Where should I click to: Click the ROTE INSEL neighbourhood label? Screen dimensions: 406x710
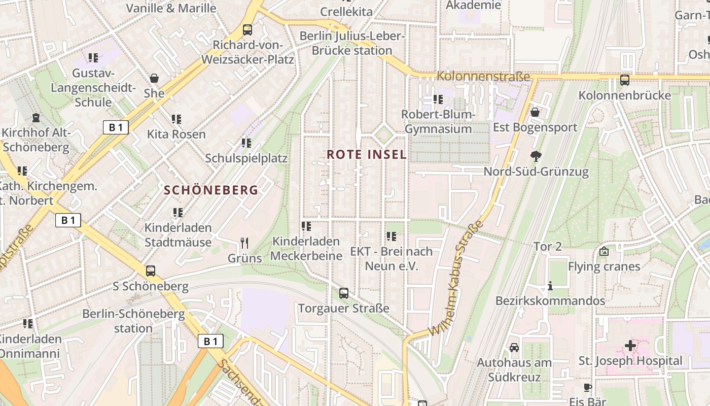(366, 154)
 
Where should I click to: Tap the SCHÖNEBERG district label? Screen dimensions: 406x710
(211, 190)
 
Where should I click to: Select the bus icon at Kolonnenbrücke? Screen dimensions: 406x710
(625, 80)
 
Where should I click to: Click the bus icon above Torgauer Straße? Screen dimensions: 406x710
(344, 293)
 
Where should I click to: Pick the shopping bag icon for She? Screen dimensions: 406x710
(154, 78)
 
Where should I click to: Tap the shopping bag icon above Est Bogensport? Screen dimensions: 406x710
(535, 112)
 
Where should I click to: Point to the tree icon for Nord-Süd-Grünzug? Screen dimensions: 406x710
(536, 156)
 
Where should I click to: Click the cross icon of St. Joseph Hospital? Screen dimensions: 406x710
(630, 346)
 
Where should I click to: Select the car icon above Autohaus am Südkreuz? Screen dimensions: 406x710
(514, 348)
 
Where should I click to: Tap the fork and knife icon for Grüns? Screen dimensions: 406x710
(244, 243)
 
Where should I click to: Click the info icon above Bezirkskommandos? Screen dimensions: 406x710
(550, 286)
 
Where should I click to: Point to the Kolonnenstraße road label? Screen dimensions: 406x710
(483, 77)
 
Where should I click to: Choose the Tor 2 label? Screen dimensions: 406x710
(548, 247)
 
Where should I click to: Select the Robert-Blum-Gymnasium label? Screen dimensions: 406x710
(438, 122)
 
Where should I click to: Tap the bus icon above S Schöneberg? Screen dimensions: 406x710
(151, 271)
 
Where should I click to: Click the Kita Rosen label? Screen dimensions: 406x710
(176, 134)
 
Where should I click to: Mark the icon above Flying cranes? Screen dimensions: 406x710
(604, 251)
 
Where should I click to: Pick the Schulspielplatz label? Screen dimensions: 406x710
(246, 158)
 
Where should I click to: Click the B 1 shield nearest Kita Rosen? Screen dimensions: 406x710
(116, 127)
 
